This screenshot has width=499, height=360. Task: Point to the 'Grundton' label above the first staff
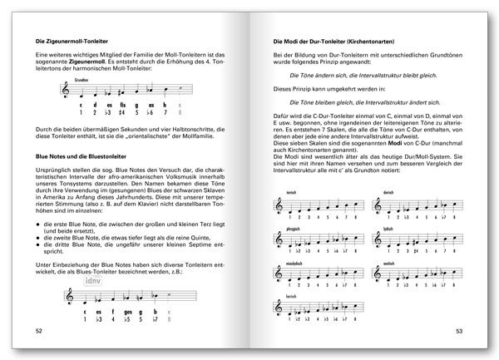tap(81, 81)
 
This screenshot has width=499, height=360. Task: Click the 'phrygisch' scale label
tap(294, 234)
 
